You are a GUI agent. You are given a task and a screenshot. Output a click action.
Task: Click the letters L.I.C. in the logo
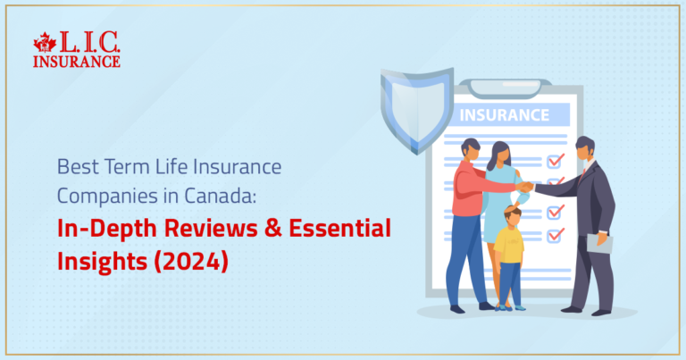click(88, 43)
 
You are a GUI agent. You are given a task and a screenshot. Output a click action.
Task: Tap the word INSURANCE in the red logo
click(76, 61)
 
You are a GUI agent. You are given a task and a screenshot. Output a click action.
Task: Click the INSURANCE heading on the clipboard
click(504, 115)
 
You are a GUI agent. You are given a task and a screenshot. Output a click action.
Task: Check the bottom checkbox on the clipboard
click(556, 235)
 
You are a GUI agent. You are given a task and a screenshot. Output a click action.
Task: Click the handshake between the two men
click(527, 187)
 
